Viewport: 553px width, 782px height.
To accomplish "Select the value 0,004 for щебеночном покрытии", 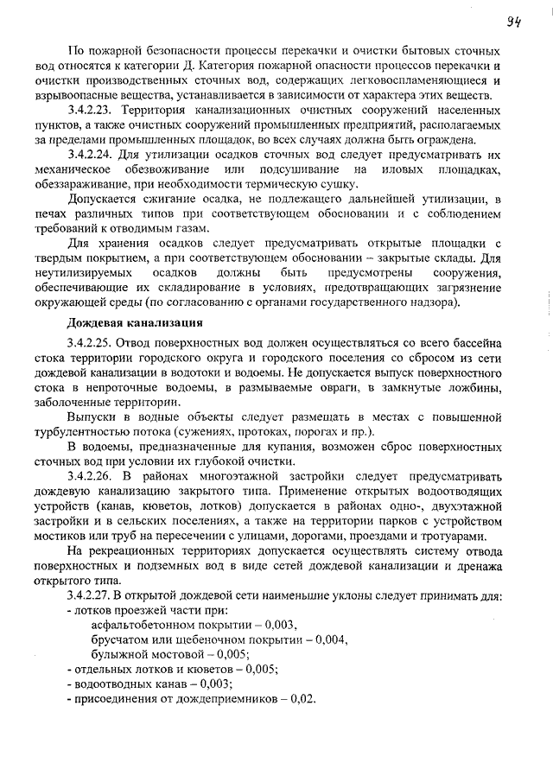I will point(331,639).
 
